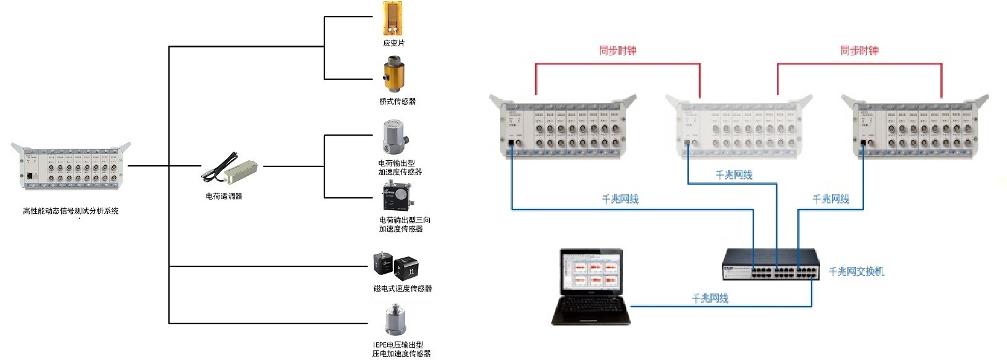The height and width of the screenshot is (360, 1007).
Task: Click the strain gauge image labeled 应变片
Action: [x=394, y=18]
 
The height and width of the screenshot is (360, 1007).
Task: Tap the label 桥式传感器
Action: [x=397, y=101]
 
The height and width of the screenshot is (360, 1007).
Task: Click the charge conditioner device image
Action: [x=231, y=169]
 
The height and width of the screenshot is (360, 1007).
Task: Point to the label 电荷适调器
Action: [x=224, y=196]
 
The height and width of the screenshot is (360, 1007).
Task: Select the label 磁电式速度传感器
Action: [x=402, y=288]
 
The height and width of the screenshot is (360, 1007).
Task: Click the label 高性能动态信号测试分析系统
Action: [x=70, y=211]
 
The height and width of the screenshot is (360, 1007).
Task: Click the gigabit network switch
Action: [x=771, y=264]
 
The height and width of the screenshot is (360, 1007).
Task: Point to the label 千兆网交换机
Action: [x=856, y=271]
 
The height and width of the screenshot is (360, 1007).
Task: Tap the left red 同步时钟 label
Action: [x=617, y=51]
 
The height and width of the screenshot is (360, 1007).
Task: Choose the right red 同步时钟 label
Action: [x=858, y=51]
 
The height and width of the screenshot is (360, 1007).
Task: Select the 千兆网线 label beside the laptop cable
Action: [x=710, y=298]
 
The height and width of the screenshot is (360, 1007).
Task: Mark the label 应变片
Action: [x=393, y=43]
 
